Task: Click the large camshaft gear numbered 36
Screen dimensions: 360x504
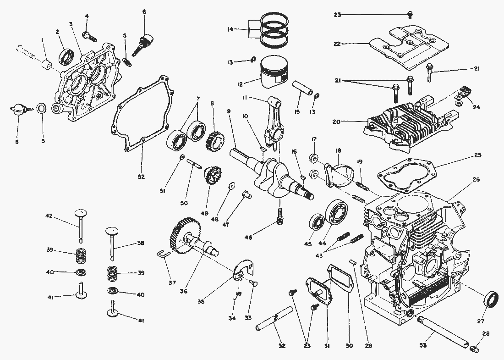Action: click(188, 234)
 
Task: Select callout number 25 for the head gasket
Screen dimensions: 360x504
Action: click(477, 156)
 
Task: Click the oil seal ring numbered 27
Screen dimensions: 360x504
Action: click(492, 300)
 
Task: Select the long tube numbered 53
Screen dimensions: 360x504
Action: click(443, 333)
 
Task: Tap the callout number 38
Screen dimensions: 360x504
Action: click(141, 243)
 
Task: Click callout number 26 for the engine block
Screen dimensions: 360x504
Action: click(476, 179)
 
